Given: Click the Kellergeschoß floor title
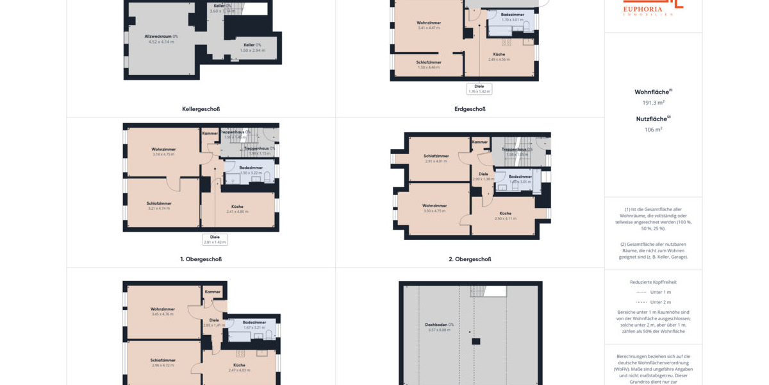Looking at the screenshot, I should (201, 109).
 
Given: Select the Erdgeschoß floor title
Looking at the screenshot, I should (470, 109).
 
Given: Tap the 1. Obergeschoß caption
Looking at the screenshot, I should (201, 259).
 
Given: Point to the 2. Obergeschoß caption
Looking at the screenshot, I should (470, 259).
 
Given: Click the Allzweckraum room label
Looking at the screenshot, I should (161, 37).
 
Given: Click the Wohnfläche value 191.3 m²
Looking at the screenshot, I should (653, 103).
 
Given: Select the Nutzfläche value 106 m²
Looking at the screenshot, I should (653, 130).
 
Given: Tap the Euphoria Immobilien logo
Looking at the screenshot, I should (653, 6).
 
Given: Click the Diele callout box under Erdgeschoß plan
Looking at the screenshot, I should (479, 89).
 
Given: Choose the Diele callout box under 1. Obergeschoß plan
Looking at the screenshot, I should (215, 239).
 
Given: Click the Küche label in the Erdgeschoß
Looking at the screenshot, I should (499, 55).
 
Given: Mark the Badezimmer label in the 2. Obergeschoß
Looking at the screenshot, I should (520, 176).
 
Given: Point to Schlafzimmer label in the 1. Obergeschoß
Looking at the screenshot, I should (159, 203).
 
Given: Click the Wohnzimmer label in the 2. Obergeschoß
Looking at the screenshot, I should (434, 206).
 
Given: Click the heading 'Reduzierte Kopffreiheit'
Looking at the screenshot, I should (653, 282).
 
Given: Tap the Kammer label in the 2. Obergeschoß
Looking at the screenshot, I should (480, 142).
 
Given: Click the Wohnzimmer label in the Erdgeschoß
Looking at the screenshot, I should (429, 23).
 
